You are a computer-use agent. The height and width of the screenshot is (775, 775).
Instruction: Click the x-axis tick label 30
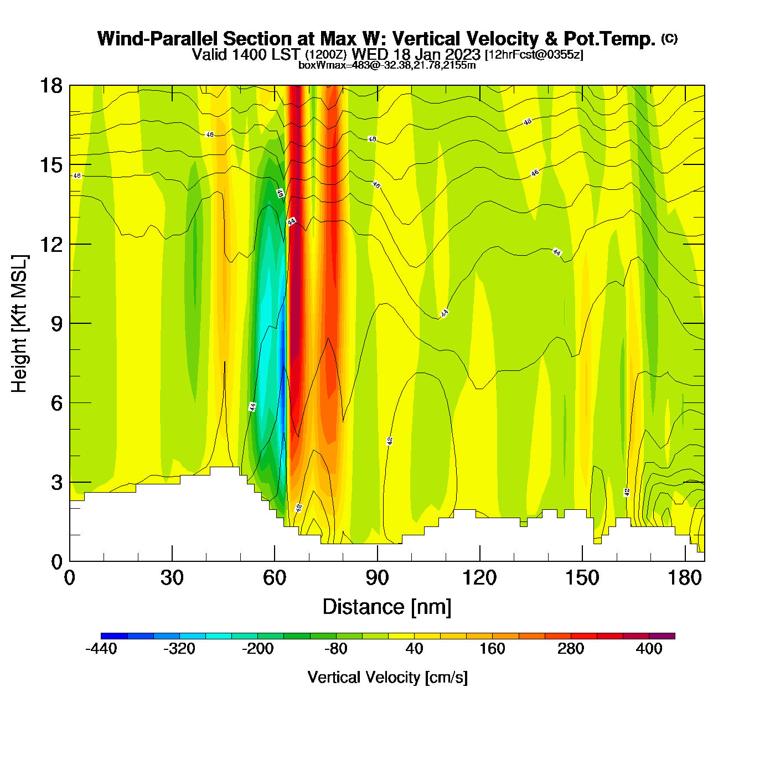(172, 578)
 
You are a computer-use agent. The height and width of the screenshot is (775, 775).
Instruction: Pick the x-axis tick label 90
(377, 578)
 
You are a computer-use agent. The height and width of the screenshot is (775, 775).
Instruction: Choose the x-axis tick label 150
(582, 578)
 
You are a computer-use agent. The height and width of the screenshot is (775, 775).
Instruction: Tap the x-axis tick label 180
(685, 578)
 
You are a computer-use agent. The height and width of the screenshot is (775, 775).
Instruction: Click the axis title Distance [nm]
(387, 607)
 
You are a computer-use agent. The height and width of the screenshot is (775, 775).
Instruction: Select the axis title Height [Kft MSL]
(19, 324)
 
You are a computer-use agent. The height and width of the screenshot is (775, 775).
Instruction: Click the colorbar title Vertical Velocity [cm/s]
(387, 677)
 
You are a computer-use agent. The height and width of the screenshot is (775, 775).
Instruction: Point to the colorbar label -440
(101, 649)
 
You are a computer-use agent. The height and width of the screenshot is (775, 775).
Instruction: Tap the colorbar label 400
(649, 649)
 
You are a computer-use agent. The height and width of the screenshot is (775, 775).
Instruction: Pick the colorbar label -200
(257, 649)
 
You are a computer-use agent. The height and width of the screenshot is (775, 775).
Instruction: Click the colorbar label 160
(492, 649)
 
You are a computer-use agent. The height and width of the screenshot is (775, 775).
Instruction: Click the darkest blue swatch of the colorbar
(114, 636)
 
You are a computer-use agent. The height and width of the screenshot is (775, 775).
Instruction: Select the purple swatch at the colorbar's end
(662, 636)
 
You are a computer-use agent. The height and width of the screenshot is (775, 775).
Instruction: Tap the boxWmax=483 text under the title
(325, 65)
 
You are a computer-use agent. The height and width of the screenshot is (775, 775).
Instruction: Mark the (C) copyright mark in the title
(669, 38)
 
